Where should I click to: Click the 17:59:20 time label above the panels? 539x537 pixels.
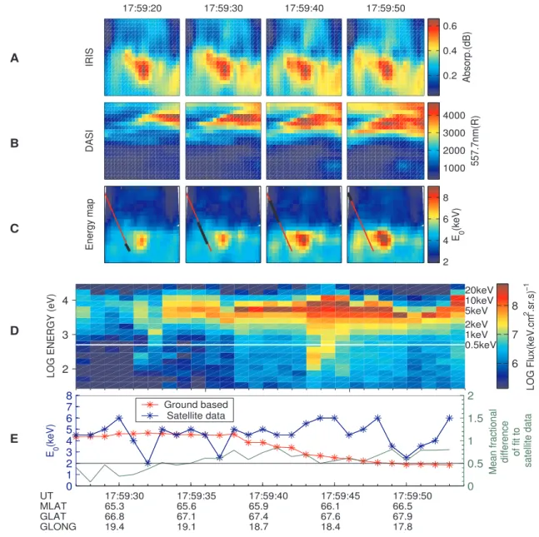[x=142, y=7]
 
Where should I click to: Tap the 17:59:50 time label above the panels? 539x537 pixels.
[x=386, y=7]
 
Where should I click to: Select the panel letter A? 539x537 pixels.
[x=14, y=58]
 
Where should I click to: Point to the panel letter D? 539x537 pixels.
[x=14, y=331]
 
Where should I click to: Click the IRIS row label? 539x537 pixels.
[x=89, y=57]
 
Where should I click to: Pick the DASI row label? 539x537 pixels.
[x=89, y=142]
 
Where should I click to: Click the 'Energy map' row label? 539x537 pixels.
[x=89, y=224]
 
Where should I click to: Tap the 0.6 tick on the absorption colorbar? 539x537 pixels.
[x=449, y=26]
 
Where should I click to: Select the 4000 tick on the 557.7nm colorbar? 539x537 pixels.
[x=454, y=116]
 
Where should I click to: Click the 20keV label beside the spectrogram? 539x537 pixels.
[x=479, y=290]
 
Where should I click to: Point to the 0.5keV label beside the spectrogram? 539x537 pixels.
[x=481, y=345]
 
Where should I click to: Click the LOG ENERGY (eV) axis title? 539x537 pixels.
[x=51, y=336]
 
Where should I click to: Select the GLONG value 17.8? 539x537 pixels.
[x=402, y=527]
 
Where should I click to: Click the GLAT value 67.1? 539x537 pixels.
[x=187, y=516]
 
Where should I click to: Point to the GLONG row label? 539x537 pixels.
[x=58, y=527]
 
